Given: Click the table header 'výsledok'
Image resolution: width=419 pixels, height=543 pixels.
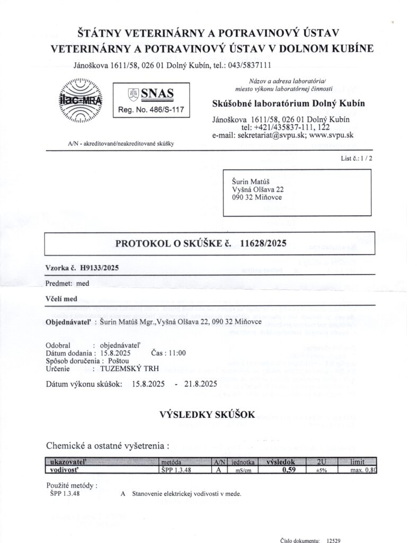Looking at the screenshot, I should click(x=288, y=461).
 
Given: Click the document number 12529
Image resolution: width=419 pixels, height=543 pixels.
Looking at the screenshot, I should click(x=333, y=539).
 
